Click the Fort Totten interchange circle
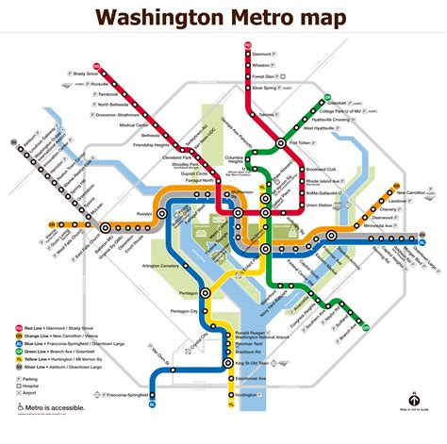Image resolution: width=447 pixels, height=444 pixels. point(281,143)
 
